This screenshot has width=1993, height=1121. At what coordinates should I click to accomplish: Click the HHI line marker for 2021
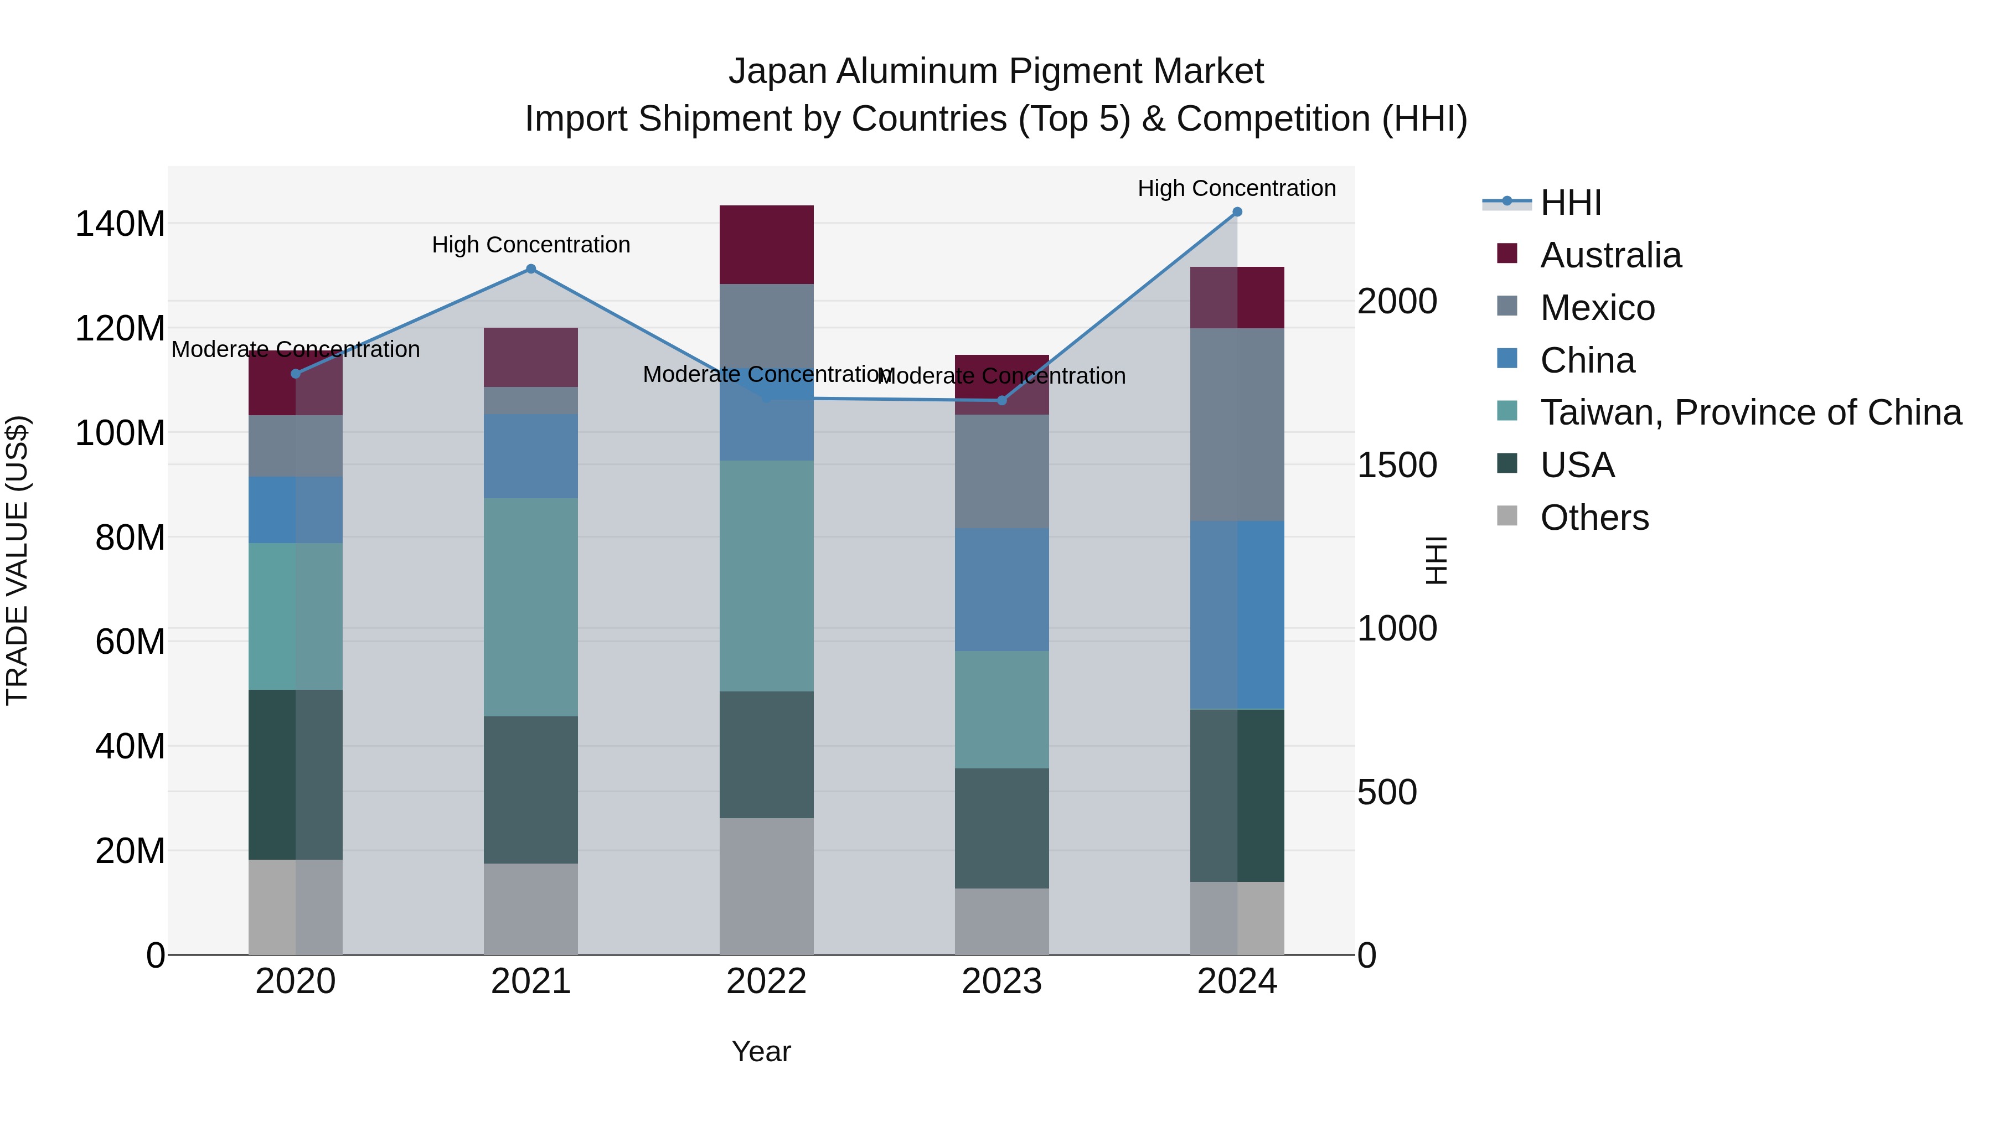tap(531, 269)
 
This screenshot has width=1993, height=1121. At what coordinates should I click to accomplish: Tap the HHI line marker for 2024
tap(1237, 212)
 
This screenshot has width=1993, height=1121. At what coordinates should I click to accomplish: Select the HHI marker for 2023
tap(1002, 401)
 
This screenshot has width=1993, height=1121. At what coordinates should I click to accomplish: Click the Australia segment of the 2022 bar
tap(766, 245)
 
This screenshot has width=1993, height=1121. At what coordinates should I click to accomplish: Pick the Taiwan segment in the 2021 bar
tap(531, 607)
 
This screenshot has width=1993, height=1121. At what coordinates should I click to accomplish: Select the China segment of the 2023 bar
tap(1002, 590)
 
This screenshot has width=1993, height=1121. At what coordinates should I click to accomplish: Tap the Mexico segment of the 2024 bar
tap(1237, 425)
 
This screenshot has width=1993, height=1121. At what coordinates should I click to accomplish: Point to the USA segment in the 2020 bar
tap(296, 774)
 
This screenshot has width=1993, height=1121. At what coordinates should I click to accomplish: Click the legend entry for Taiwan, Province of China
tap(1750, 413)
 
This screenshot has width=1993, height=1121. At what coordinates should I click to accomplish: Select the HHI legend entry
tap(1570, 203)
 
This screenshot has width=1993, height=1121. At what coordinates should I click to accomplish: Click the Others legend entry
tap(1594, 518)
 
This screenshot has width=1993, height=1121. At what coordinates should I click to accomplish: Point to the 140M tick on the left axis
tap(120, 224)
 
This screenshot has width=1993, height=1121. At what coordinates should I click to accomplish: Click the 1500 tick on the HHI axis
tap(1397, 465)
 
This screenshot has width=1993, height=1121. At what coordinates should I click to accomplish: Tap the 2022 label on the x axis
tap(766, 981)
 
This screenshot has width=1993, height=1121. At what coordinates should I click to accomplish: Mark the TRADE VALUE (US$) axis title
tap(17, 560)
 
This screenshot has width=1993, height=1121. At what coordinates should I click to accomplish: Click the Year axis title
tap(761, 1051)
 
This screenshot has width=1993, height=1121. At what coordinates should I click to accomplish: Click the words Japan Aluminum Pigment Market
tap(996, 71)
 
